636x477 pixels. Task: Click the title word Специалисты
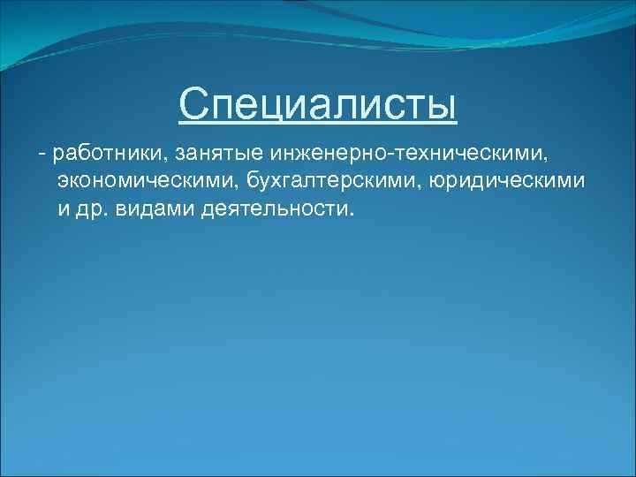[x=318, y=105]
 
